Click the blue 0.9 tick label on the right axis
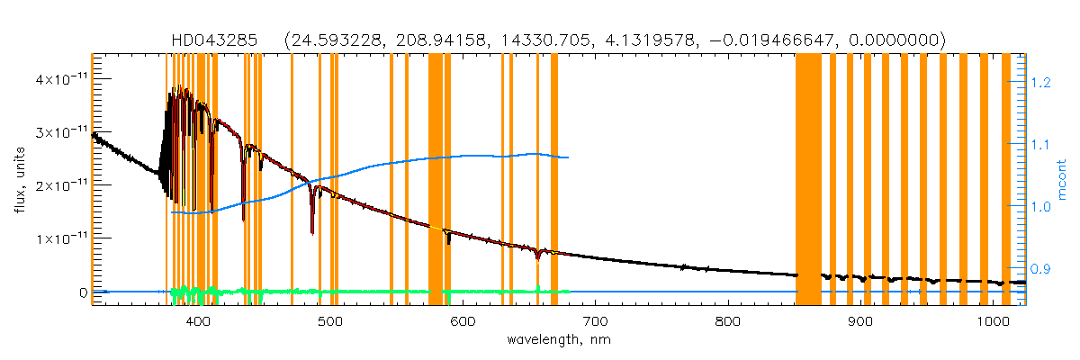click(x=1041, y=269)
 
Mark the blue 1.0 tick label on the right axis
click(x=1041, y=207)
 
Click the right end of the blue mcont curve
click(x=568, y=157)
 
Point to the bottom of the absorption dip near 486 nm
click(x=312, y=233)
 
